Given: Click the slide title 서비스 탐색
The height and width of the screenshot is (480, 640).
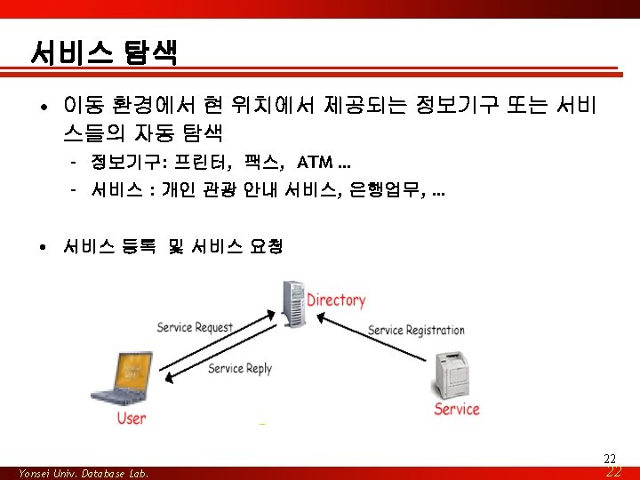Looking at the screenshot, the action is tap(103, 52).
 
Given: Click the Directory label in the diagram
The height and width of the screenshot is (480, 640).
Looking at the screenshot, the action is tap(336, 300).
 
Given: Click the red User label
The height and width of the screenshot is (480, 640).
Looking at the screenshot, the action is tap(132, 418).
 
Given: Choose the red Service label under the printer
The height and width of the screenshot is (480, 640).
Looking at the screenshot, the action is tap(457, 409).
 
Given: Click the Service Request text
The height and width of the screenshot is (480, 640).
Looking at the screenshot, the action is tap(195, 327).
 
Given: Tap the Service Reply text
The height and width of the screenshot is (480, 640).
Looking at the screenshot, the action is tap(240, 368).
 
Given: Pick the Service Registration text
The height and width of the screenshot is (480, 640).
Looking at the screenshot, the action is tap(416, 330).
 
